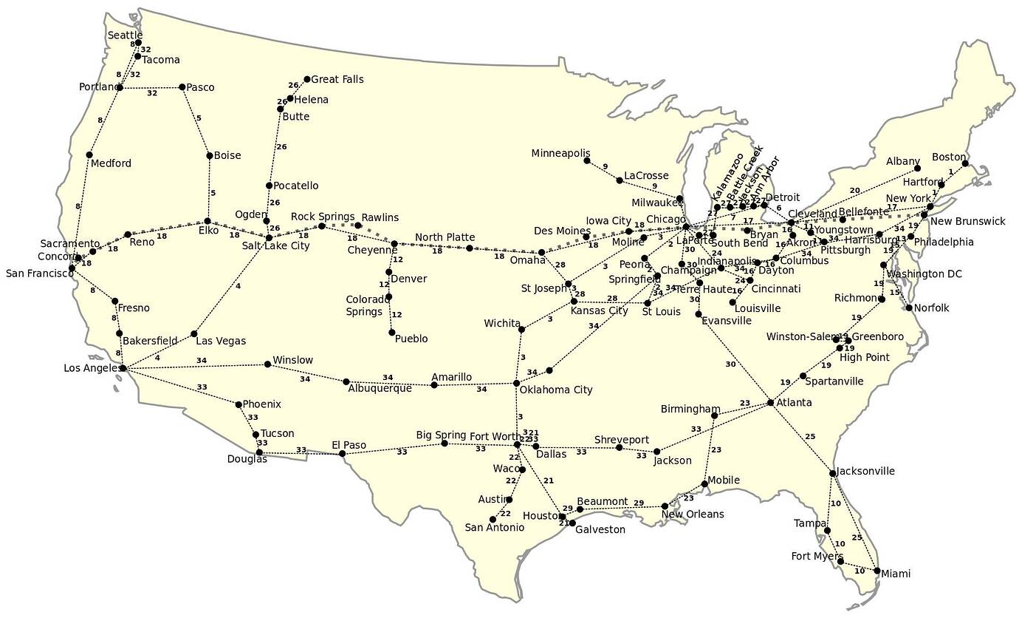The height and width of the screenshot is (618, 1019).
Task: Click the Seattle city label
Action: tap(125, 35)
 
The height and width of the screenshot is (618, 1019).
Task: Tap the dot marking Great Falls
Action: tap(307, 79)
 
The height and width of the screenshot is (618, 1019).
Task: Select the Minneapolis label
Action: tap(560, 153)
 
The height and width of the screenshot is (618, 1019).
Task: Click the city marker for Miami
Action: tap(876, 571)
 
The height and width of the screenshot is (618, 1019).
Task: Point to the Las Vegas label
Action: tap(221, 341)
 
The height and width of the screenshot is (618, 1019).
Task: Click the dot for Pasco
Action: tap(182, 87)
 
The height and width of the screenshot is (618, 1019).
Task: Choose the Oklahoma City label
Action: tap(555, 390)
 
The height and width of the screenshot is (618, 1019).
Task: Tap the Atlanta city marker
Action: tap(770, 403)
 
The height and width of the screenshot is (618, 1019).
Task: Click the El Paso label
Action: tap(349, 445)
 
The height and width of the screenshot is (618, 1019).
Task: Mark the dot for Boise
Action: tap(209, 156)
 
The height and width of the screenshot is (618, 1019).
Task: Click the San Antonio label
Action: tap(494, 527)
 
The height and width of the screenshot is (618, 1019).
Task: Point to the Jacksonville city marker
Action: tap(832, 473)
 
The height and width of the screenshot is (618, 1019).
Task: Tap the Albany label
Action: tap(904, 161)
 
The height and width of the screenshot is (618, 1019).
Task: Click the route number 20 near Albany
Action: tap(854, 190)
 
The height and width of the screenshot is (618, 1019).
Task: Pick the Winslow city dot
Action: tap(267, 364)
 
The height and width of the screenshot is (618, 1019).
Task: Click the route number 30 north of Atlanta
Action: tap(730, 364)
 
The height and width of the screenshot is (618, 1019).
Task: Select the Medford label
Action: tap(111, 163)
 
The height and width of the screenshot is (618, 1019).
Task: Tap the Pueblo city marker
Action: tap(391, 332)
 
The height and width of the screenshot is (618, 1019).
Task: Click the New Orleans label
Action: tap(693, 514)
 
